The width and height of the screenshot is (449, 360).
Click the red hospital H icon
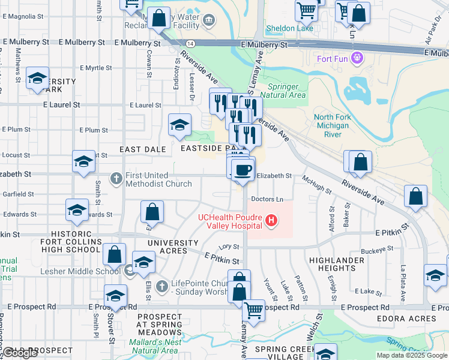tap(272, 221)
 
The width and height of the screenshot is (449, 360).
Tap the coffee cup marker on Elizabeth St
tap(243, 170)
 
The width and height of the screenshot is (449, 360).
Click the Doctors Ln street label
tap(267, 199)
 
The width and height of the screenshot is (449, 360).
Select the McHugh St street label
tap(317, 184)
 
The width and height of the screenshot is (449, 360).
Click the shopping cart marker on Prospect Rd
tap(254, 311)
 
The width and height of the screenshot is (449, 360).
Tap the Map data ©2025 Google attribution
tap(412, 355)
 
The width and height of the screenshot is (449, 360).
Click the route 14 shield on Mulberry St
tap(190, 44)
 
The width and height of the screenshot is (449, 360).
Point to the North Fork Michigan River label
tap(331, 125)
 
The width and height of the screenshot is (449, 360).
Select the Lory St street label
tap(225, 247)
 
